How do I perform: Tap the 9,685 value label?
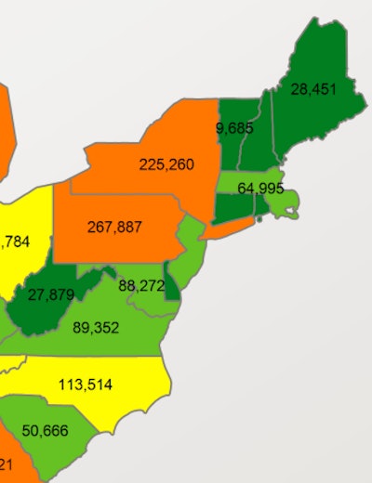click(234, 128)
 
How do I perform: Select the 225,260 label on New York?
click(166, 164)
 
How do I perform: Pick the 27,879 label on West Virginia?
click(51, 295)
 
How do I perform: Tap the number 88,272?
click(142, 286)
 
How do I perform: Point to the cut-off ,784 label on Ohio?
click(16, 242)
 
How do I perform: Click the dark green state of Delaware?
click(172, 287)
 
